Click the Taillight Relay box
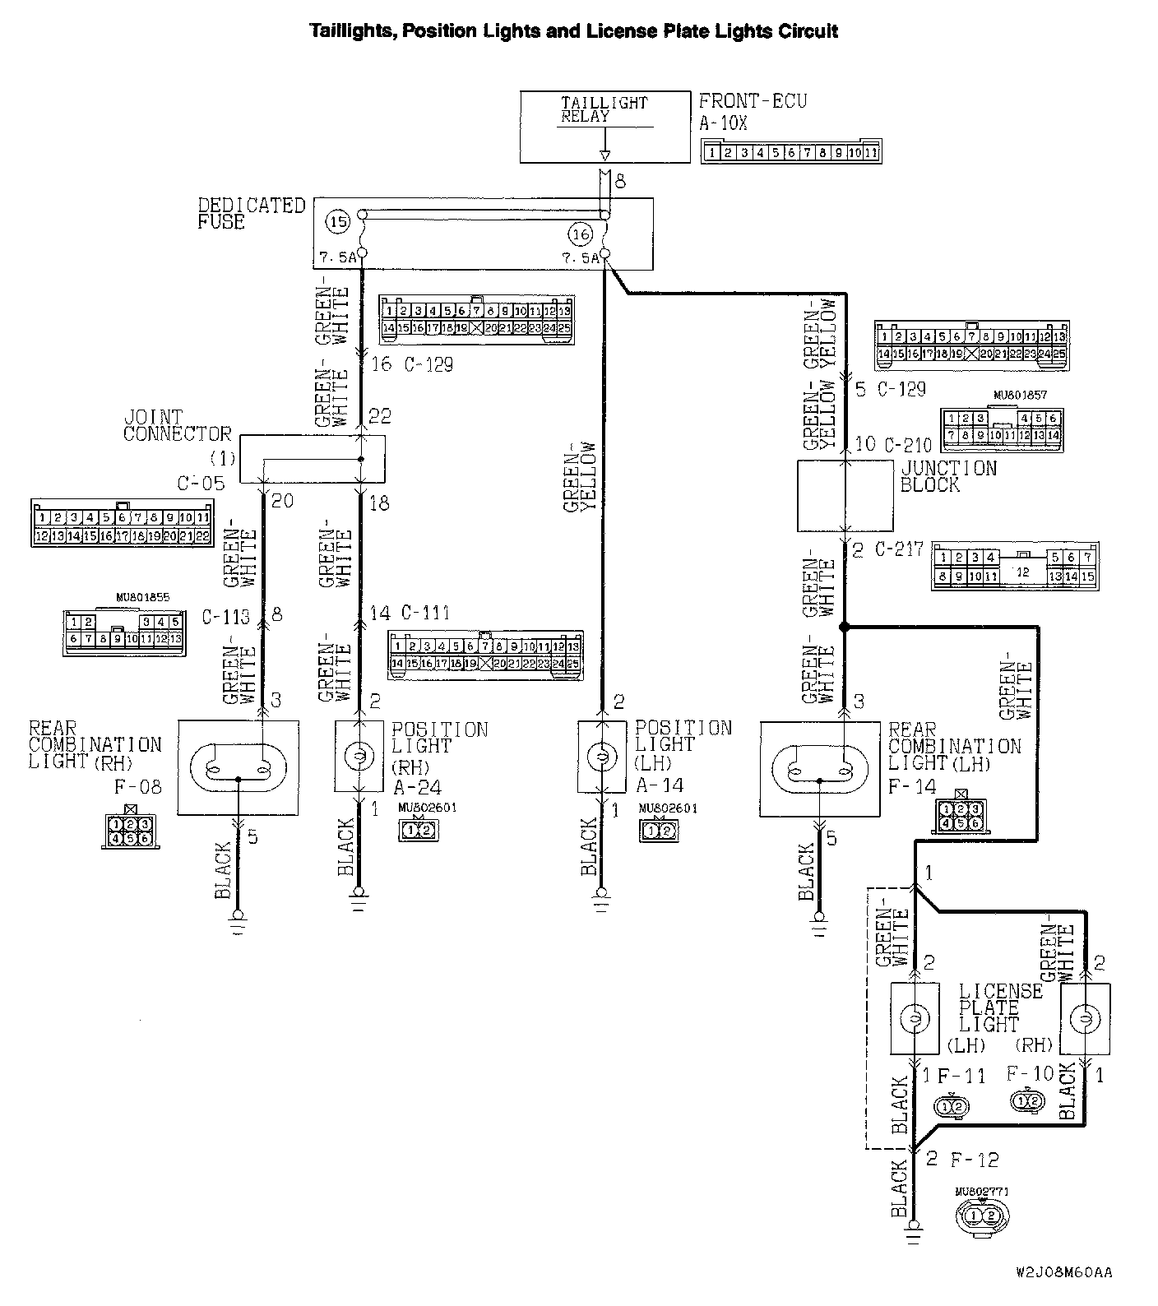(604, 126)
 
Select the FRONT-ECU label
(753, 102)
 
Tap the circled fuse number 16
(581, 234)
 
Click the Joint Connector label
(177, 425)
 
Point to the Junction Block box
(845, 495)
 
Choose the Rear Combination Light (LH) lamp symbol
(819, 769)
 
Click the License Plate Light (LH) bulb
(915, 1019)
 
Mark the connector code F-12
(975, 1160)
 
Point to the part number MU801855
(143, 598)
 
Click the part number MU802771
(982, 1190)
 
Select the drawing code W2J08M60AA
(1063, 1272)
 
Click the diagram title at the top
(573, 31)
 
